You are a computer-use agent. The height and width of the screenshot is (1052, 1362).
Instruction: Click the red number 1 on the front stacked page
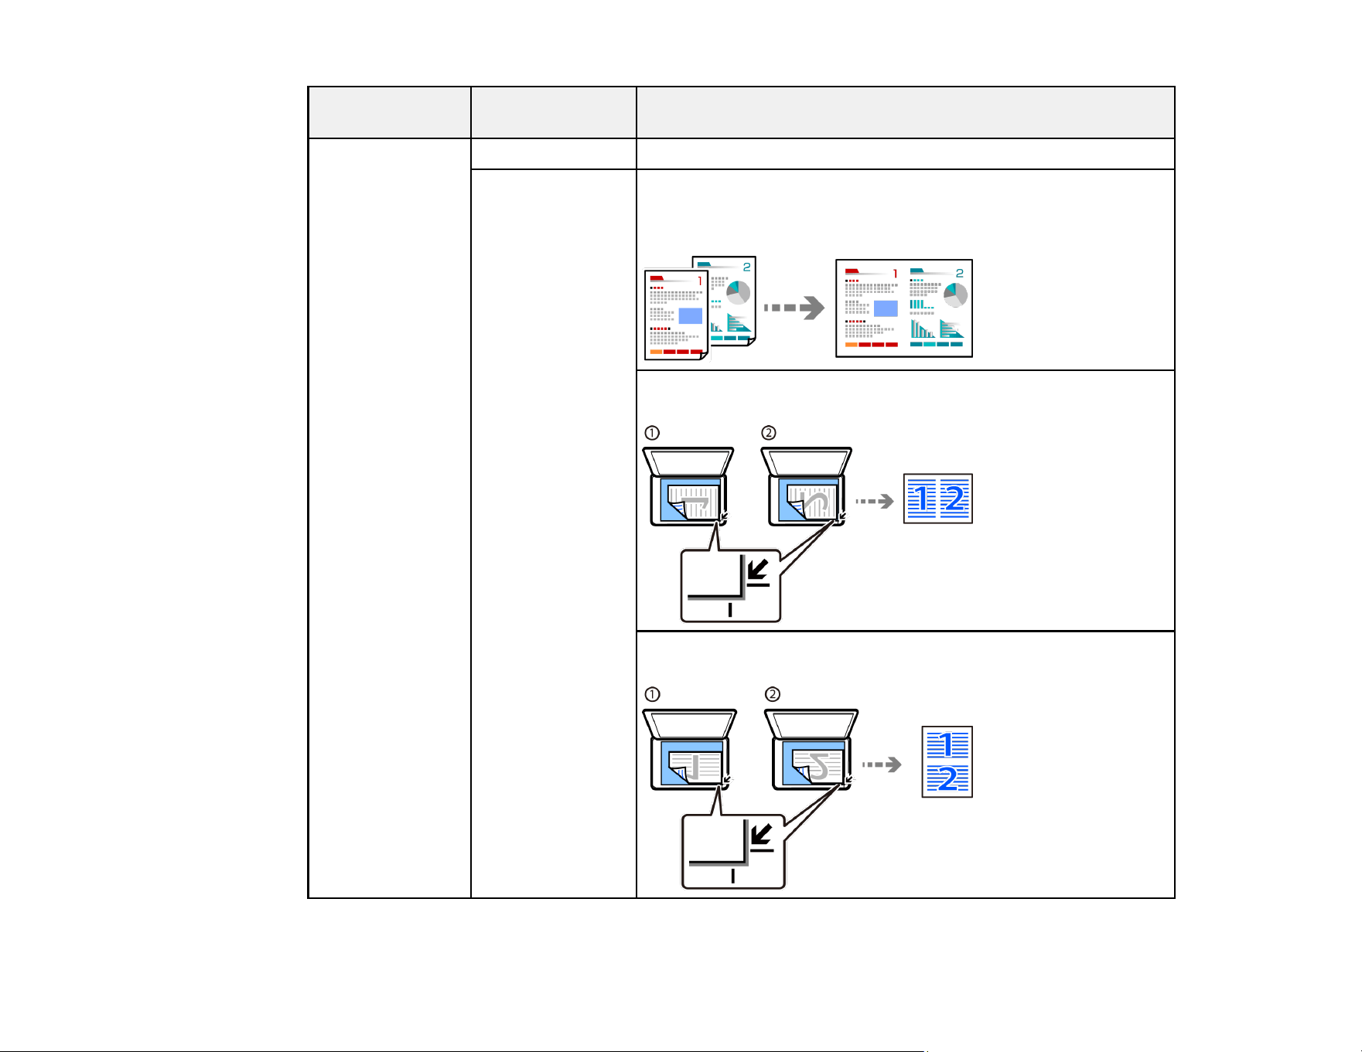tap(700, 281)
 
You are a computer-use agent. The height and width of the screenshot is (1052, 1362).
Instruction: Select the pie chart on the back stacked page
tap(738, 293)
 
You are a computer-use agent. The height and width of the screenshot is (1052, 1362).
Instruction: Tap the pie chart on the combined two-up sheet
tap(956, 295)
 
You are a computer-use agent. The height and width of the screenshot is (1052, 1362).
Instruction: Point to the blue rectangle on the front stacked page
tap(691, 315)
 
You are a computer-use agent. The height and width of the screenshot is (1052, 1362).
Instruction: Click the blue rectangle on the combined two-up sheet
tap(886, 308)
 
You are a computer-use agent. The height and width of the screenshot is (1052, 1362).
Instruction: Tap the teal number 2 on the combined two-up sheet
tap(959, 274)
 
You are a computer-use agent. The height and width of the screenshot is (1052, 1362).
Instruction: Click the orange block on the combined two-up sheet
tap(852, 345)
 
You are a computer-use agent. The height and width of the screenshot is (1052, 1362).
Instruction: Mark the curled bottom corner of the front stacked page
tap(702, 356)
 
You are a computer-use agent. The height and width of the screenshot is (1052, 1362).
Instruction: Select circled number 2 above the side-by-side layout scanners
tap(768, 433)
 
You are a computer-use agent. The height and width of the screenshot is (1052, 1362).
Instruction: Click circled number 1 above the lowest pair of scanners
tap(652, 694)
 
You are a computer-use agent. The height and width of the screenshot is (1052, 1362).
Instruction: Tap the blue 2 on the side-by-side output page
tap(955, 499)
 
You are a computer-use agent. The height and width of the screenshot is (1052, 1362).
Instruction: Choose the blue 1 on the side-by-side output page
tap(922, 499)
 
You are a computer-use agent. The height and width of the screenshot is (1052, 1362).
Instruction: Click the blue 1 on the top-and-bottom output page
tap(947, 745)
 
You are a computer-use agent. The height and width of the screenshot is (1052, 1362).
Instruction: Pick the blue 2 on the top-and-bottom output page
tap(947, 778)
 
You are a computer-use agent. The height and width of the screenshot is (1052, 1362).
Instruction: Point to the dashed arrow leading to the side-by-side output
tap(874, 502)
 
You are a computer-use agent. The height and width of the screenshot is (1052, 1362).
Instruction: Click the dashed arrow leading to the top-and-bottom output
tap(882, 764)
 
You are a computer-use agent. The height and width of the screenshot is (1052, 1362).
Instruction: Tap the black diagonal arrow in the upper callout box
tap(758, 570)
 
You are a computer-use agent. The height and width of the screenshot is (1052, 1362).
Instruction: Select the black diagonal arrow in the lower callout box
tap(762, 834)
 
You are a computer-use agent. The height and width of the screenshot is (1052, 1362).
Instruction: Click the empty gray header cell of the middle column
tap(553, 113)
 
